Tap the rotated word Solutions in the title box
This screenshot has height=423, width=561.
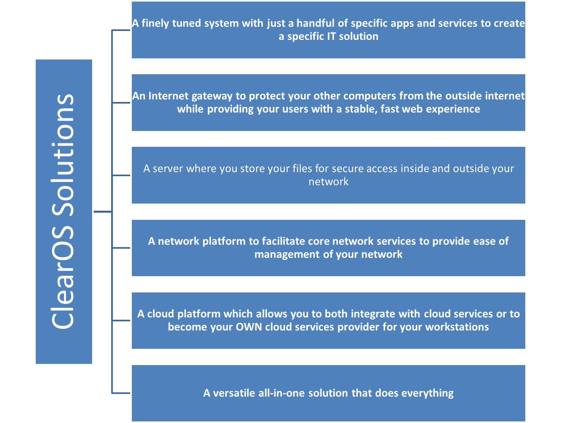tap(64, 155)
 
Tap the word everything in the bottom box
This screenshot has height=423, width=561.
tap(428, 393)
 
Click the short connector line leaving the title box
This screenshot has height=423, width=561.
tap(103, 211)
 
